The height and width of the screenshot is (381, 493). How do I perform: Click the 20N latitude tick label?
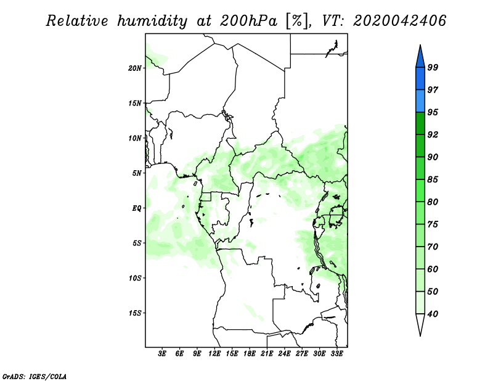coord(135,68)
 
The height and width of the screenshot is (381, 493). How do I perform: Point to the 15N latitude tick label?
coord(135,103)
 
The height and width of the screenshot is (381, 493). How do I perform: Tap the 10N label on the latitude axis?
coord(135,138)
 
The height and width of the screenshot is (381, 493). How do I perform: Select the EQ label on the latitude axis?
coord(136,208)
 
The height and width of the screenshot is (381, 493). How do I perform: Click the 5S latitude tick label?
coord(137,243)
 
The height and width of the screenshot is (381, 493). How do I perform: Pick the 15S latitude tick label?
coord(135,313)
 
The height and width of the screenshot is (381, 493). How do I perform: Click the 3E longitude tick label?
coord(163,354)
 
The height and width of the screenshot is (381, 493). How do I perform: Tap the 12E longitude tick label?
coord(214,354)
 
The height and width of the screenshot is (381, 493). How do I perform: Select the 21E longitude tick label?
coord(267,354)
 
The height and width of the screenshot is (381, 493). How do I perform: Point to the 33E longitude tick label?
coord(336,354)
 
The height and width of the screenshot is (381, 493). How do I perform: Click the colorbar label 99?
coord(433,67)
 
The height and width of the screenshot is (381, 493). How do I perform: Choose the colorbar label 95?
coord(433,112)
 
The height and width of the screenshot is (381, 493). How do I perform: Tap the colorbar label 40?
coord(433,314)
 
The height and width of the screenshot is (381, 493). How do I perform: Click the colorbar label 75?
coord(433,224)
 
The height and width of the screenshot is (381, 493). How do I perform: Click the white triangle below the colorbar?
coord(420,324)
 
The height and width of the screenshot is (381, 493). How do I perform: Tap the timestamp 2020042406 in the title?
coord(399,22)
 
